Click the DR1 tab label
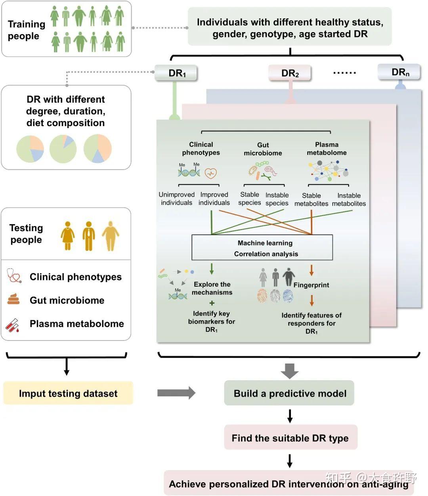pos(176,73)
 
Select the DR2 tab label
pos(290,73)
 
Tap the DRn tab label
pos(399,72)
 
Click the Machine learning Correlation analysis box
pos(262,248)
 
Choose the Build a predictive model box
pos(289,393)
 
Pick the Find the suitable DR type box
pos(290,438)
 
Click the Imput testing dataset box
pos(68,393)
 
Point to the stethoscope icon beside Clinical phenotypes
pos(14,276)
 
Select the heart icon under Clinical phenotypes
pos(211,173)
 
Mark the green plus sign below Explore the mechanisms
pos(212,303)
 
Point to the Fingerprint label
pos(311,285)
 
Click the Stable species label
pos(250,199)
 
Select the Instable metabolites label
pos(349,199)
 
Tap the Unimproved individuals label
pos(176,199)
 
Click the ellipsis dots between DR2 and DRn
pos(344,73)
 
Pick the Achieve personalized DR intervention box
pos(289,483)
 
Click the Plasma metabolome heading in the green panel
pos(327,149)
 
